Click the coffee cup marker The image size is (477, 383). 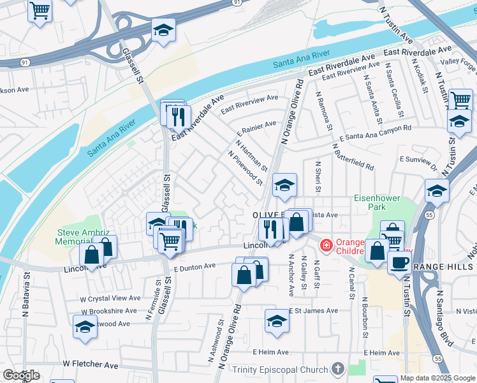pyautogui.click(x=399, y=262)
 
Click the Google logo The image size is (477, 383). pyautogui.click(x=21, y=375)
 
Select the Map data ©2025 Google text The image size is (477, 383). pyautogui.click(x=437, y=378)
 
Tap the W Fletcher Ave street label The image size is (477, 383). pyautogui.click(x=90, y=364)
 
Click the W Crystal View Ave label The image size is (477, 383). pyautogui.click(x=110, y=298)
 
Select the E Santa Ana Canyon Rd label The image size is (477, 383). pyautogui.click(x=376, y=133)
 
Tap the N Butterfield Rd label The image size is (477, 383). pyautogui.click(x=352, y=156)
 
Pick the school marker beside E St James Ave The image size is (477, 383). pyautogui.click(x=277, y=322)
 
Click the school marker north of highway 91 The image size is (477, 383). pyautogui.click(x=163, y=31)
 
